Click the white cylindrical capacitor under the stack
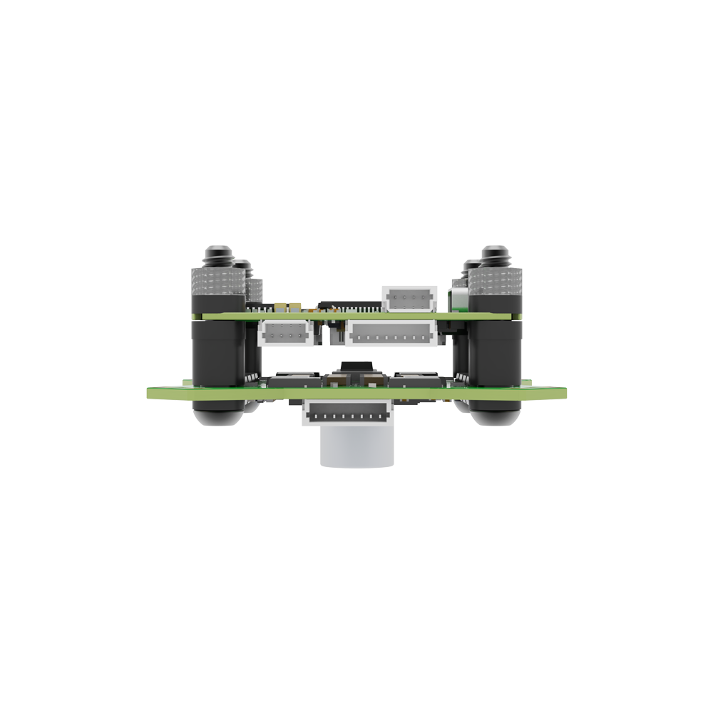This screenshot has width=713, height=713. (x=356, y=449)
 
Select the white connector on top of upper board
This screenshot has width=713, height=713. (x=409, y=299)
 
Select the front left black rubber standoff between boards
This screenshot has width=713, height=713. (x=217, y=352)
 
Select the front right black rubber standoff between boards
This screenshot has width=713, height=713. (x=495, y=352)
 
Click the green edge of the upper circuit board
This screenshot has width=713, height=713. (x=356, y=316)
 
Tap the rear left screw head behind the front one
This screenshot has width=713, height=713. (x=243, y=265)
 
